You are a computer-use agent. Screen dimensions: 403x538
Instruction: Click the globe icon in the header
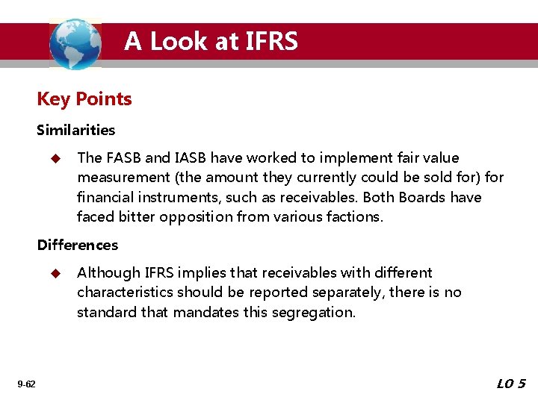pyautogui.click(x=75, y=43)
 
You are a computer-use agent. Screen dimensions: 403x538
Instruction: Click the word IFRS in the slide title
pyautogui.click(x=270, y=41)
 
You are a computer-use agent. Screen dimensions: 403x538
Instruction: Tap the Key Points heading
pyautogui.click(x=84, y=99)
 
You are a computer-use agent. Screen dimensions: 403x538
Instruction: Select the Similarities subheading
pyautogui.click(x=76, y=130)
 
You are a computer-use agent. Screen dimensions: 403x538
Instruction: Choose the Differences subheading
pyautogui.click(x=78, y=245)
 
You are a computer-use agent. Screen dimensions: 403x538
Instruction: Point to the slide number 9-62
pyautogui.click(x=26, y=384)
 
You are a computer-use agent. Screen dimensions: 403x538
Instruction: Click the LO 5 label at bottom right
pyautogui.click(x=511, y=384)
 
